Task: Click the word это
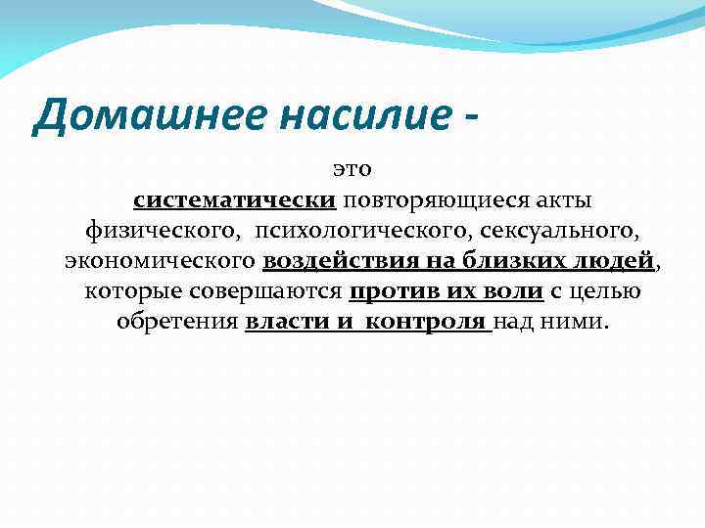(352, 171)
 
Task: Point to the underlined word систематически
(235, 201)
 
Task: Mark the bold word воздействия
(333, 262)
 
